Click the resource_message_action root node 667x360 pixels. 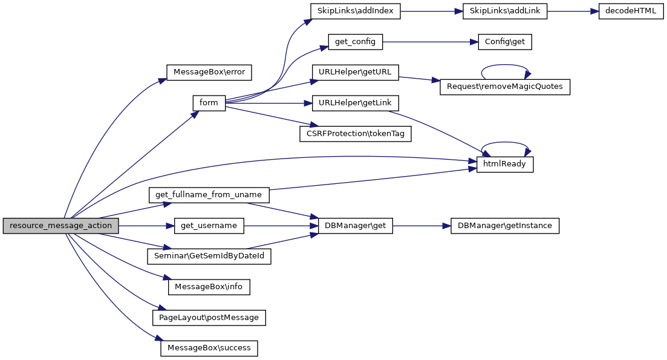click(x=60, y=226)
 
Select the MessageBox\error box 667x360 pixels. click(x=209, y=72)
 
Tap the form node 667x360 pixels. click(x=209, y=103)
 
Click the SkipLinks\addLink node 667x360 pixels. click(x=504, y=11)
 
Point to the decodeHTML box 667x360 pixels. click(x=631, y=11)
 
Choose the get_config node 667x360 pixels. click(x=356, y=42)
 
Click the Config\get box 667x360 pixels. click(x=505, y=42)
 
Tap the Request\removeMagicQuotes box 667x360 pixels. click(x=505, y=87)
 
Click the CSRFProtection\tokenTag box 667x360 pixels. click(x=355, y=134)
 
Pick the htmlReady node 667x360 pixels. click(x=505, y=165)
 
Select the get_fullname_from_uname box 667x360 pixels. click(x=209, y=195)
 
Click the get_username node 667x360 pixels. click(x=209, y=226)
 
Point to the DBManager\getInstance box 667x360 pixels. click(x=505, y=226)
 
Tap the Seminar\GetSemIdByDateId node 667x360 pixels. click(x=209, y=257)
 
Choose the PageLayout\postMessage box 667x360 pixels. click(x=209, y=318)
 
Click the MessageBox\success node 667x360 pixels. click(x=209, y=349)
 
